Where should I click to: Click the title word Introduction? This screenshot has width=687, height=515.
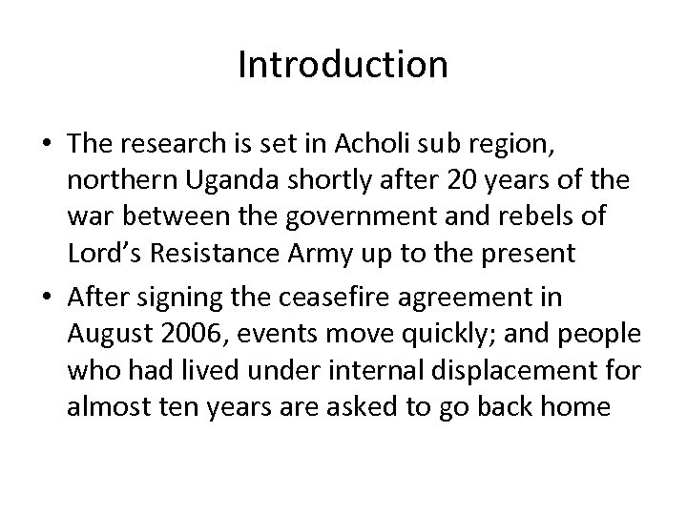[x=343, y=65]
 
